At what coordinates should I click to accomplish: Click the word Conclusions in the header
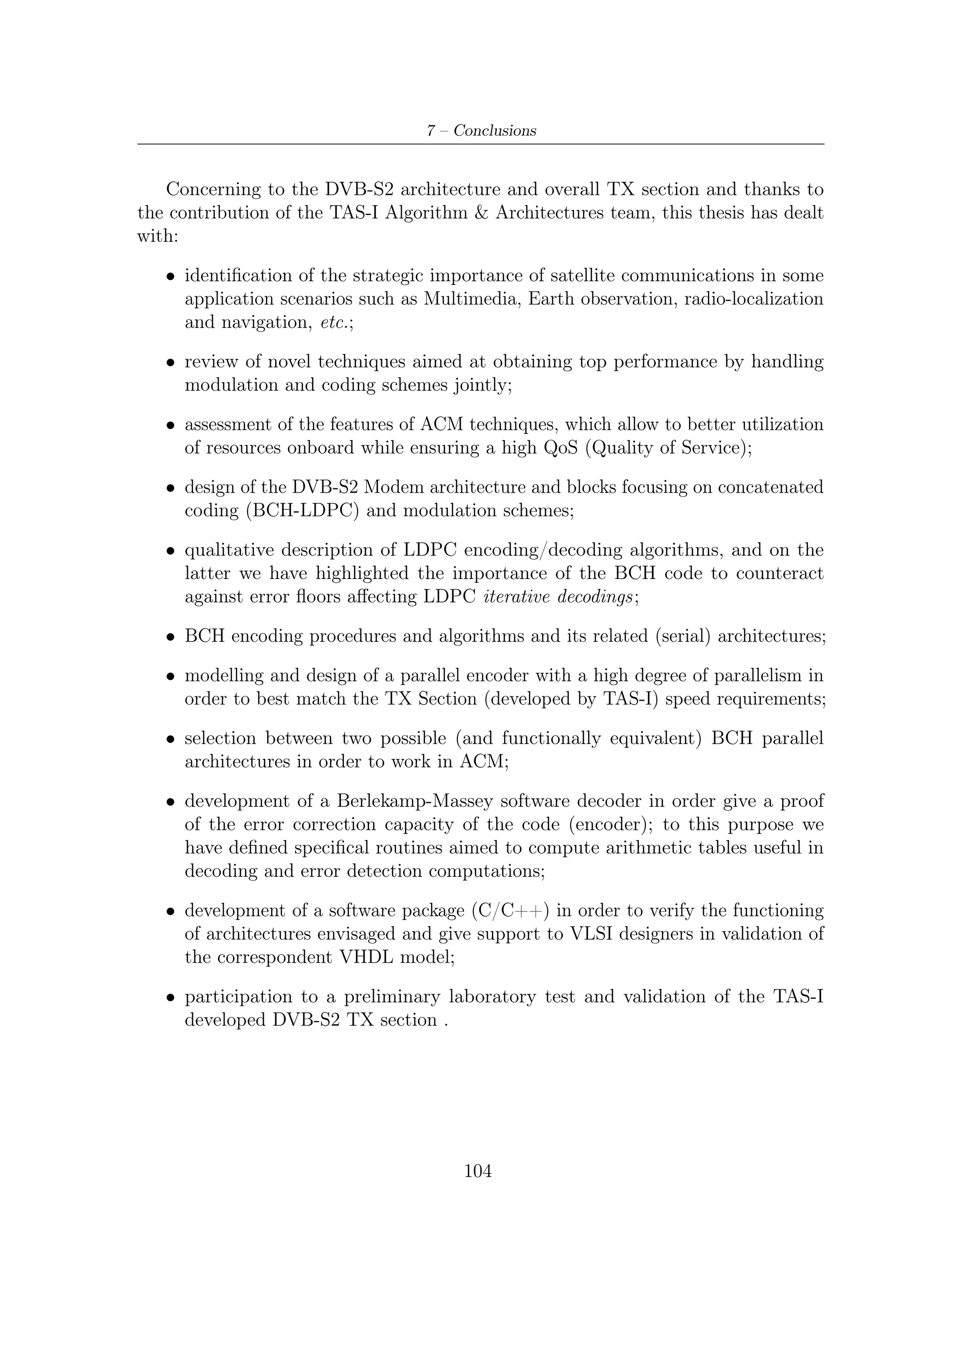[x=495, y=131]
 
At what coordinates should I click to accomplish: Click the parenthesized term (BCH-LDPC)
[x=302, y=510]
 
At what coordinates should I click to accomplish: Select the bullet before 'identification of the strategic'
[x=170, y=277]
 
